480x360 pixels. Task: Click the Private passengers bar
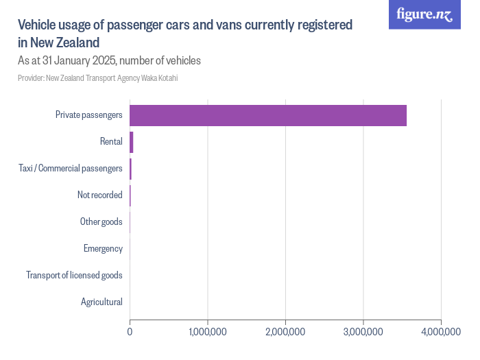[x=268, y=115]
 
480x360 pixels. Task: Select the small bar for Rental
[x=131, y=142]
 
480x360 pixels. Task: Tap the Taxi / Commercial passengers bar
[x=130, y=169]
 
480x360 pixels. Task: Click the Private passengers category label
[x=89, y=115]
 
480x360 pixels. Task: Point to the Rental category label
[x=110, y=142]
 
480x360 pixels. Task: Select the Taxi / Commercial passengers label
[x=70, y=169]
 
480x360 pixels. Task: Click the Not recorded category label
[x=99, y=195]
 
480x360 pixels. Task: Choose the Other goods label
[x=101, y=222]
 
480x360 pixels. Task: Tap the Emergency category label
[x=103, y=248]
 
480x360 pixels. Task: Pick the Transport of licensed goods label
[x=74, y=275]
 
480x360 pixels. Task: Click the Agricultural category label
[x=101, y=302]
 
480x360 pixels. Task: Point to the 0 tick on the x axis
[x=130, y=332]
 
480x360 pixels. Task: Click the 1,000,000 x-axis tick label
[x=208, y=332]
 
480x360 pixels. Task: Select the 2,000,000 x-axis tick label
[x=285, y=332]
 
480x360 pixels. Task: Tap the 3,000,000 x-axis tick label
[x=363, y=332]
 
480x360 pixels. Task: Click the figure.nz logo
[x=424, y=14]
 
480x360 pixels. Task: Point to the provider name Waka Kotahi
[x=159, y=78]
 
